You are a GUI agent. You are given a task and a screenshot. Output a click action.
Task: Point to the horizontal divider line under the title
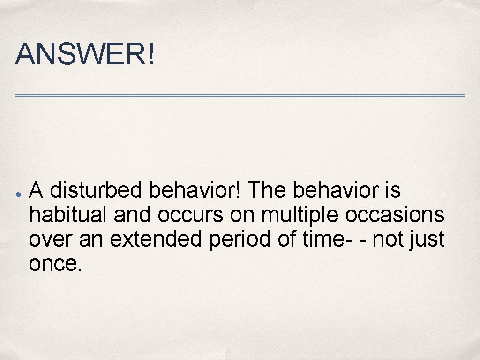pyautogui.click(x=240, y=96)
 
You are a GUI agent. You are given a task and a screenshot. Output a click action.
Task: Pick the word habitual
pyautogui.click(x=69, y=215)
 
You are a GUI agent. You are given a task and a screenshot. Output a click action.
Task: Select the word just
pyautogui.click(x=427, y=240)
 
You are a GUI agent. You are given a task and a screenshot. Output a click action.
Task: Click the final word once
pyautogui.click(x=54, y=264)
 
